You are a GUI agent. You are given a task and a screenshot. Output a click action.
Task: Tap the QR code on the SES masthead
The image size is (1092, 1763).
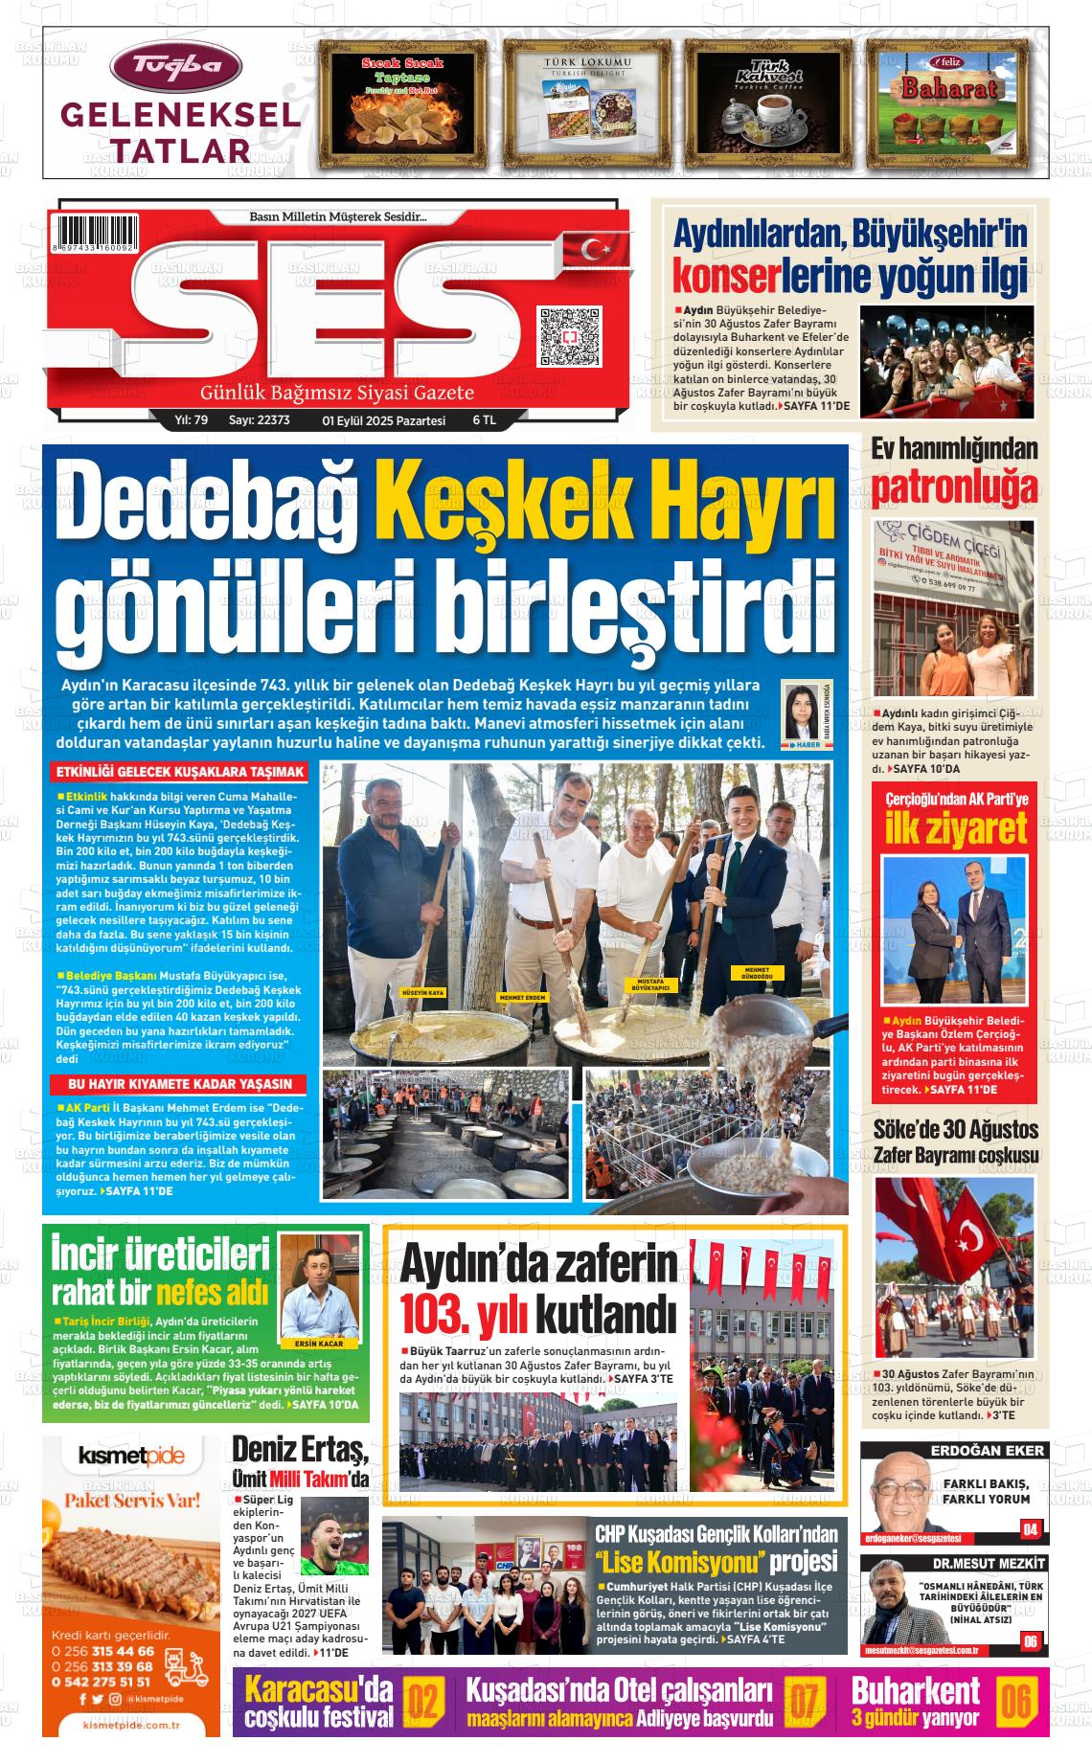pos(570,335)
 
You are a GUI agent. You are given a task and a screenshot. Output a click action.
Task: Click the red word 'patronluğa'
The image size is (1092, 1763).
pos(954,487)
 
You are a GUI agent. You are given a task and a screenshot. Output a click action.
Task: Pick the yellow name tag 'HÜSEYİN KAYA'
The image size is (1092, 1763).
pos(423,993)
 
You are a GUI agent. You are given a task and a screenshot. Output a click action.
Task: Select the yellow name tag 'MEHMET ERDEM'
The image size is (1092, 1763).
pos(522,998)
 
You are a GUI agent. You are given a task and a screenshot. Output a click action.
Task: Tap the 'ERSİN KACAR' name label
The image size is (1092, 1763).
pos(313,1344)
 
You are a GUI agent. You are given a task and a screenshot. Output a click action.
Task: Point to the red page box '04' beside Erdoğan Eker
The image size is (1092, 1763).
pos(1030,1529)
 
